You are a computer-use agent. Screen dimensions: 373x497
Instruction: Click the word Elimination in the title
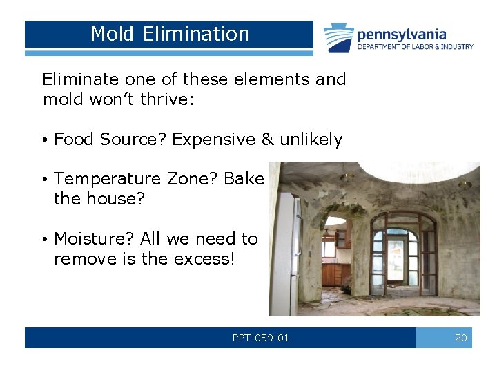(x=197, y=34)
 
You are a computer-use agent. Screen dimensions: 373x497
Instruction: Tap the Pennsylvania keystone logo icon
(x=339, y=38)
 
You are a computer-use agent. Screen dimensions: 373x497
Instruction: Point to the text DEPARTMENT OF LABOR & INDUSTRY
(x=415, y=47)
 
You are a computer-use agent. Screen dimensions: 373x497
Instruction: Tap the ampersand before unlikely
(x=268, y=140)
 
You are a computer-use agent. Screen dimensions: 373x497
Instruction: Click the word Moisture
(x=94, y=239)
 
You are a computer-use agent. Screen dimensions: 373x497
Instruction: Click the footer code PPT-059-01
(x=261, y=338)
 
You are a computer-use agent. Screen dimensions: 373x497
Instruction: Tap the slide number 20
(x=460, y=338)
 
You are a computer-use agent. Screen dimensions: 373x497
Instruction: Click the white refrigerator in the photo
(x=284, y=256)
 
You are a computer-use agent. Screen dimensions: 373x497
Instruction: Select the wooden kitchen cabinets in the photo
(x=336, y=274)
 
